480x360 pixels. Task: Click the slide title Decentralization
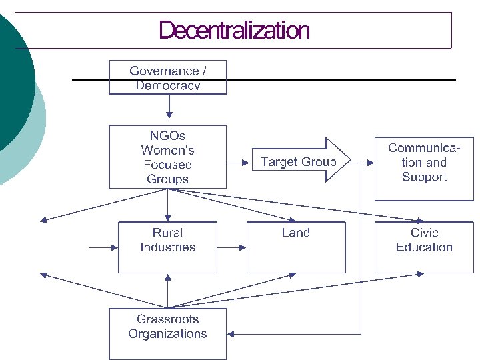point(234,31)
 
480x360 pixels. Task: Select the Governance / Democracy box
point(168,77)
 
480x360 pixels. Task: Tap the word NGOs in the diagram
point(167,136)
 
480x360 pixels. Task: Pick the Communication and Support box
point(424,169)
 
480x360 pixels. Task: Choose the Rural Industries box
point(168,247)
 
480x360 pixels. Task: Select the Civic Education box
point(424,247)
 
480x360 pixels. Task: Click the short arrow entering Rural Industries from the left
point(103,247)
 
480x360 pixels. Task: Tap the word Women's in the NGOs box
point(167,151)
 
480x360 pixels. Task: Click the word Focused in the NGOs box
point(167,165)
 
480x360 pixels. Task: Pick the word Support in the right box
point(424,177)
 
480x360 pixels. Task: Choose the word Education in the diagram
point(424,247)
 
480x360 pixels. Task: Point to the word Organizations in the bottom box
point(168,334)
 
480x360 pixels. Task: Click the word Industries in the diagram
point(168,247)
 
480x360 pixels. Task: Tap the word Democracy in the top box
point(168,85)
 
